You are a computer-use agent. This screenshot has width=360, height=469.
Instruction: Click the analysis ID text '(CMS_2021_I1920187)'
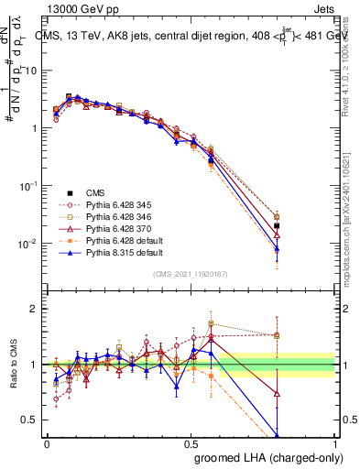click(x=191, y=273)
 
